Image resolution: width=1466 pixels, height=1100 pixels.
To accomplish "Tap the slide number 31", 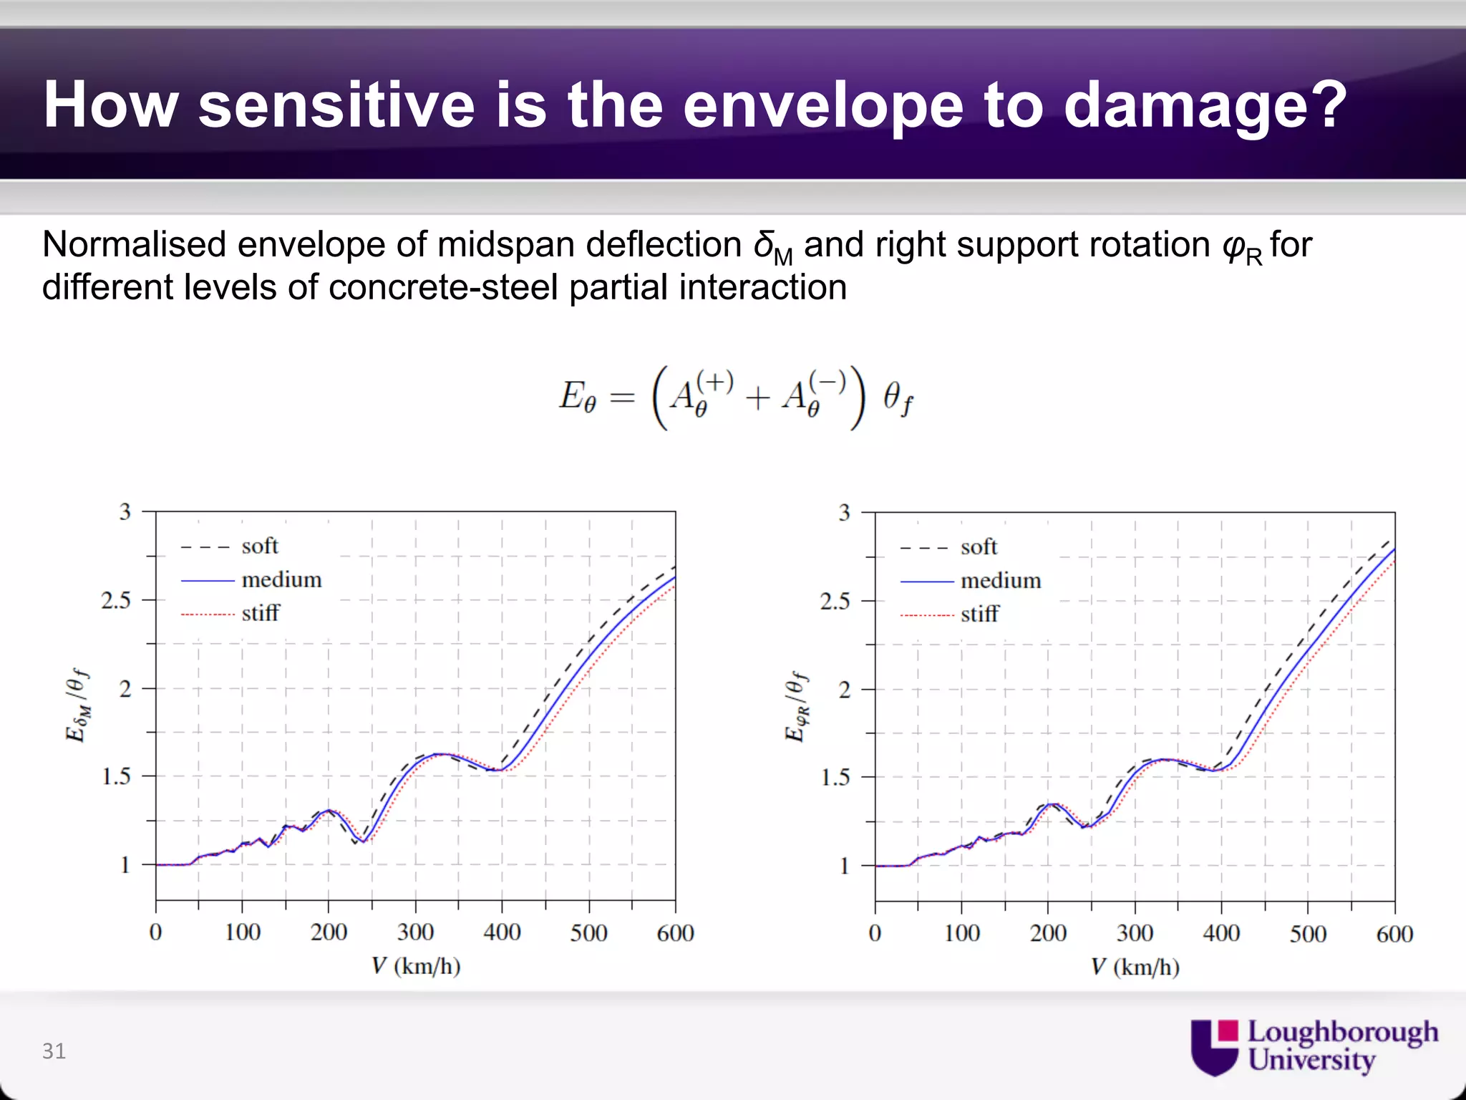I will (x=54, y=1051).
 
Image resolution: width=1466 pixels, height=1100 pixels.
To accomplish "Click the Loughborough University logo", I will (x=1314, y=1046).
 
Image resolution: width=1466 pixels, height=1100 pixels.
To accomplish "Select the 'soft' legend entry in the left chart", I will (x=259, y=546).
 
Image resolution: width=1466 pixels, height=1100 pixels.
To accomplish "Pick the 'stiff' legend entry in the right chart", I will (x=979, y=614).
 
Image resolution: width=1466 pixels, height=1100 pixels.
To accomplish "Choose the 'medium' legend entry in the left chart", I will (x=281, y=579).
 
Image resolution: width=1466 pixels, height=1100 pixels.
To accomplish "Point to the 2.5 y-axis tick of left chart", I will (x=116, y=600).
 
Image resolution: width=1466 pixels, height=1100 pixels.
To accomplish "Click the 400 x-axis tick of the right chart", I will (x=1221, y=933).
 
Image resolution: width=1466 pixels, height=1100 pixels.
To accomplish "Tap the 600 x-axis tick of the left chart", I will (x=675, y=932).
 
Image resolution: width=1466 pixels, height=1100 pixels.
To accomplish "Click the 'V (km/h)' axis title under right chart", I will (x=1135, y=968).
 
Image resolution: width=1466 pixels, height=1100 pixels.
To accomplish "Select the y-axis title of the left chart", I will (x=77, y=705).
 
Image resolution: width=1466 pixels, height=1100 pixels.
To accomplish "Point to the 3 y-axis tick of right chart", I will (x=845, y=513).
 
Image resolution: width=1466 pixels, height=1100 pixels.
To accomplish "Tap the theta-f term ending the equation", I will (x=897, y=398).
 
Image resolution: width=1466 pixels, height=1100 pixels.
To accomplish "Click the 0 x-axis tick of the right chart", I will (x=875, y=933).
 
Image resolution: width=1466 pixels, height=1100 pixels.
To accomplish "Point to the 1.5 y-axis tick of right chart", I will (x=835, y=777).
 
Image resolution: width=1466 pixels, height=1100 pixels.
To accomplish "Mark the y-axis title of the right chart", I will (x=797, y=707).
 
